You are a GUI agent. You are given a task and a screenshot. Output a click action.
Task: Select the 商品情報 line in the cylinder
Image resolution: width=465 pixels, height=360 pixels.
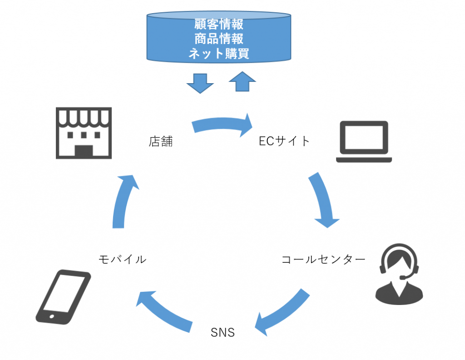[219, 38]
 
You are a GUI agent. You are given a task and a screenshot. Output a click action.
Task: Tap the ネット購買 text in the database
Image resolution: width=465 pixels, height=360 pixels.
[219, 53]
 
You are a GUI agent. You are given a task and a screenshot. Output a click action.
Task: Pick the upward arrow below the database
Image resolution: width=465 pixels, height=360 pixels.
[242, 82]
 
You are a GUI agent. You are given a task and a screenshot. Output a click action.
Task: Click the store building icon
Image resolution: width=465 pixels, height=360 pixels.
[84, 133]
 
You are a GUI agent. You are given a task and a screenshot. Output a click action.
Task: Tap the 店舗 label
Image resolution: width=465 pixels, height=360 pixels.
[161, 141]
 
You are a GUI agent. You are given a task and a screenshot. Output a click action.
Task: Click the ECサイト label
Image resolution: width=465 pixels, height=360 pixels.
[284, 141]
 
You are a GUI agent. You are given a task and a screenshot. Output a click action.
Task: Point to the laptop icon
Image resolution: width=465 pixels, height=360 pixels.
[364, 141]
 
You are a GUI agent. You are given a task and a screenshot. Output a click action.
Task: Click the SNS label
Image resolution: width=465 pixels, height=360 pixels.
[223, 332]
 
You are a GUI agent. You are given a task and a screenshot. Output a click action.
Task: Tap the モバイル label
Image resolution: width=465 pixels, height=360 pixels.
[123, 260]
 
